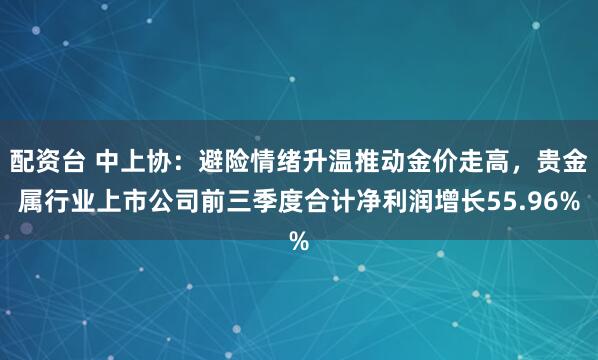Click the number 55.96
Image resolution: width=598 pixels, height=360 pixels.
(x=540, y=202)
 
